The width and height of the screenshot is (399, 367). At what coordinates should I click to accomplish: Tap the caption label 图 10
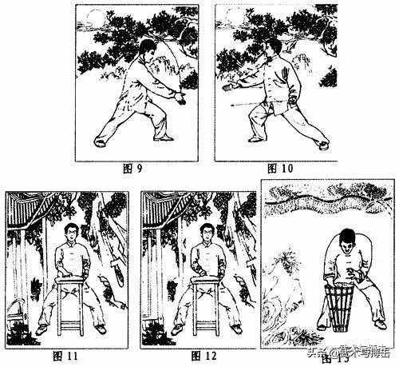(x=280, y=169)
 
